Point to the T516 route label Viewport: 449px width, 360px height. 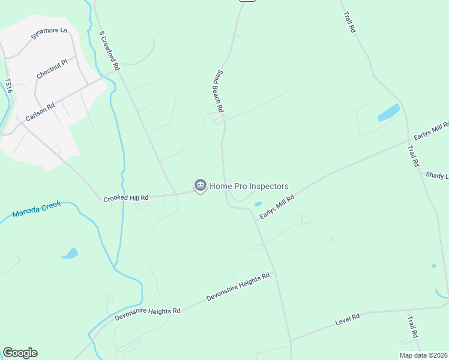[8, 85]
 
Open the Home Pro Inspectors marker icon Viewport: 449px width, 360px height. [200, 186]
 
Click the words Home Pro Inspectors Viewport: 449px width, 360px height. [249, 187]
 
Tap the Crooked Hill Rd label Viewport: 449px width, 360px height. [125, 197]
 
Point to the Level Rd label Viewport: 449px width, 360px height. [348, 320]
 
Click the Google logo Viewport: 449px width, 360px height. [20, 353]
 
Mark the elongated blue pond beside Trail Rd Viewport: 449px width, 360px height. [389, 112]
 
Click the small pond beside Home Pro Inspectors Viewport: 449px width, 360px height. [258, 204]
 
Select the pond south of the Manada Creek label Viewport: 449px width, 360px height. [70, 254]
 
